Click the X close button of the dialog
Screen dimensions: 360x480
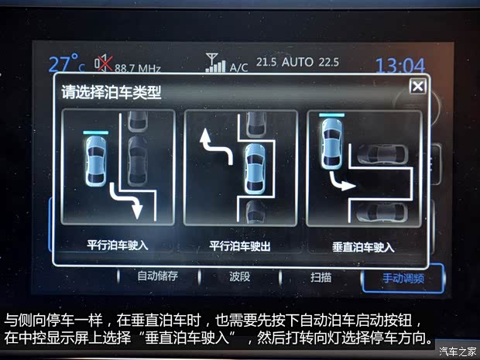pyautogui.click(x=417, y=86)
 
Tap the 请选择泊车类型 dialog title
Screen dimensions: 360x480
pyautogui.click(x=111, y=92)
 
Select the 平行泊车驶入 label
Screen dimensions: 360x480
pyautogui.click(x=118, y=246)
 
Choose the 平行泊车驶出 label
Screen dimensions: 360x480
pyautogui.click(x=240, y=246)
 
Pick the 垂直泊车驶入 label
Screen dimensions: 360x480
pyautogui.click(x=363, y=247)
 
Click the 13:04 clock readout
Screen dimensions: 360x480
pyautogui.click(x=400, y=66)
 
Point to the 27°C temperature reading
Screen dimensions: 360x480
pyautogui.click(x=67, y=63)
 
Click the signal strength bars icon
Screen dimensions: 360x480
pyautogui.click(x=214, y=63)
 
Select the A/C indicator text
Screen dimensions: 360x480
pyautogui.click(x=239, y=67)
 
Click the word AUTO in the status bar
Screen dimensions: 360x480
pyautogui.click(x=298, y=62)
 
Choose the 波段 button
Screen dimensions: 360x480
pyautogui.click(x=240, y=276)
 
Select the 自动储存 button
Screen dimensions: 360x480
pyautogui.click(x=158, y=276)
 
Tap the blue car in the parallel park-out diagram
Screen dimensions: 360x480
pyautogui.click(x=255, y=169)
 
